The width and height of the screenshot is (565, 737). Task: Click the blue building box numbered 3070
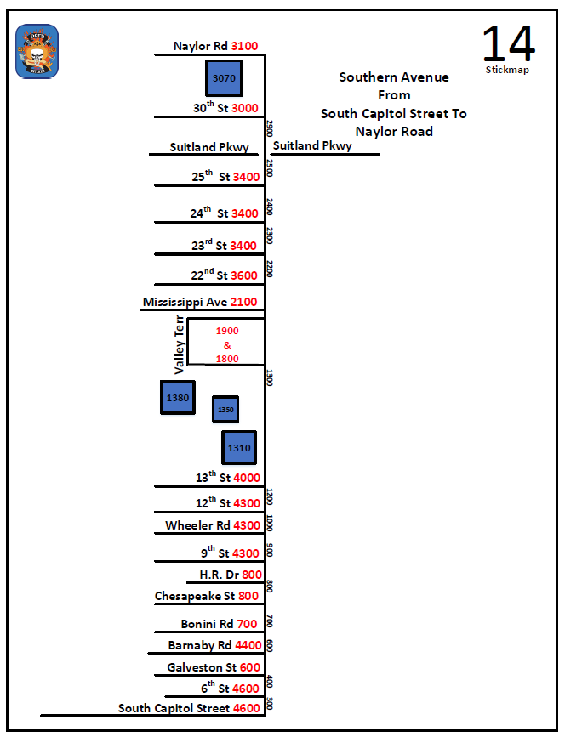coord(224,78)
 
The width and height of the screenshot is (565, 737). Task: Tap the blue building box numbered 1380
coord(178,397)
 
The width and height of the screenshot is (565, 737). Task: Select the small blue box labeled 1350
coord(225,410)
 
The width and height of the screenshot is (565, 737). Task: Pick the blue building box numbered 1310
coord(238,447)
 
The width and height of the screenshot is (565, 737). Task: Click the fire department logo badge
coord(36,51)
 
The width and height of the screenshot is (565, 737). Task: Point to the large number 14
coord(508,43)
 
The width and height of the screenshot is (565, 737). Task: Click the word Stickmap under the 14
coord(507,70)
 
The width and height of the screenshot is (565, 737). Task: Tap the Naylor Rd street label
coord(200,46)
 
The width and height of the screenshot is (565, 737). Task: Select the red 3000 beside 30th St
coord(245,108)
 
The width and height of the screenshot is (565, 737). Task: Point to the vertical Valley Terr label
coord(180,345)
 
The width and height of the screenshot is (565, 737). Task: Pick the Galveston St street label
coord(202,667)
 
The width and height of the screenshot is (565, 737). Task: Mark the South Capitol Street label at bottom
coord(174,708)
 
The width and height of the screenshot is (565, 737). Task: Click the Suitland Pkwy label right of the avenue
coord(311,145)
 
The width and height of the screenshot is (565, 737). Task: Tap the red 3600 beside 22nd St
coord(243,275)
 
